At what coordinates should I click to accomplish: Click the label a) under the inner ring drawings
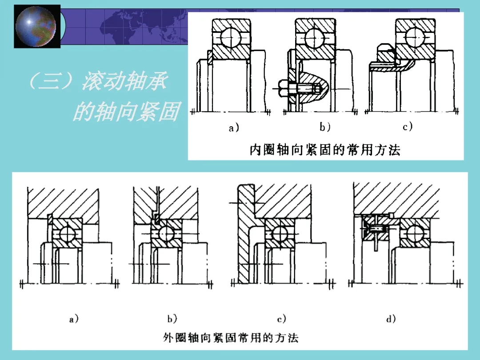pyautogui.click(x=234, y=128)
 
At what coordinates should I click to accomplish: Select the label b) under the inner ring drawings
pyautogui.click(x=325, y=126)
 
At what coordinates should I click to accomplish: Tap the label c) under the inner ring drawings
pyautogui.click(x=408, y=126)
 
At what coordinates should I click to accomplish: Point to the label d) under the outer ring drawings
pyautogui.click(x=391, y=319)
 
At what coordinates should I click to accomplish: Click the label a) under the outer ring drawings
pyautogui.click(x=74, y=319)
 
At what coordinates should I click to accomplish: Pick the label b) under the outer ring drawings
pyautogui.click(x=172, y=319)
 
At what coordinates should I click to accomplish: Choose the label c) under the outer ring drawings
pyautogui.click(x=281, y=319)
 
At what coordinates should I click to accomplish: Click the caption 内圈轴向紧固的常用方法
pyautogui.click(x=325, y=150)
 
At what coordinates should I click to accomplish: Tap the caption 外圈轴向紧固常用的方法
pyautogui.click(x=231, y=338)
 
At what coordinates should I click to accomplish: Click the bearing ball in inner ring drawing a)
pyautogui.click(x=231, y=37)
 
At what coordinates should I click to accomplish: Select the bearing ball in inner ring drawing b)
pyautogui.click(x=314, y=38)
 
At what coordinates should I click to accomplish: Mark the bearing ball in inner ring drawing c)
pyautogui.click(x=415, y=37)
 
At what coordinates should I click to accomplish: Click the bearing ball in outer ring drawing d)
pyautogui.click(x=415, y=234)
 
